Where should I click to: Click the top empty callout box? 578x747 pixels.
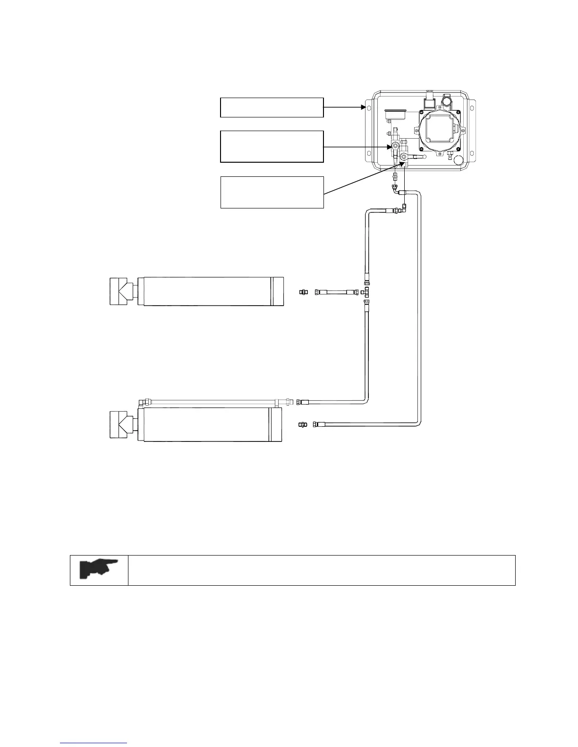pyautogui.click(x=272, y=108)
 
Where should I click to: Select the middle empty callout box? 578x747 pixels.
pyautogui.click(x=272, y=147)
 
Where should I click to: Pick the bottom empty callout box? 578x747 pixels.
pyautogui.click(x=272, y=192)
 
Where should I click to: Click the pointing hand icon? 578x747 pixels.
pyautogui.click(x=99, y=570)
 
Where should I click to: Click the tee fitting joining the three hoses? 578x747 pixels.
pyautogui.click(x=366, y=292)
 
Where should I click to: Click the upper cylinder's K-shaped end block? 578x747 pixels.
pyautogui.click(x=122, y=292)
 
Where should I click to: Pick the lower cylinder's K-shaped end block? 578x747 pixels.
pyautogui.click(x=122, y=425)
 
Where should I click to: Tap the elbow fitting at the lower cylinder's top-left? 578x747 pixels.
pyautogui.click(x=142, y=402)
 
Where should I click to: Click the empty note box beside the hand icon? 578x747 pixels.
pyautogui.click(x=321, y=570)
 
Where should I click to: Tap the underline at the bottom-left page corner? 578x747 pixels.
pyautogui.click(x=94, y=743)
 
